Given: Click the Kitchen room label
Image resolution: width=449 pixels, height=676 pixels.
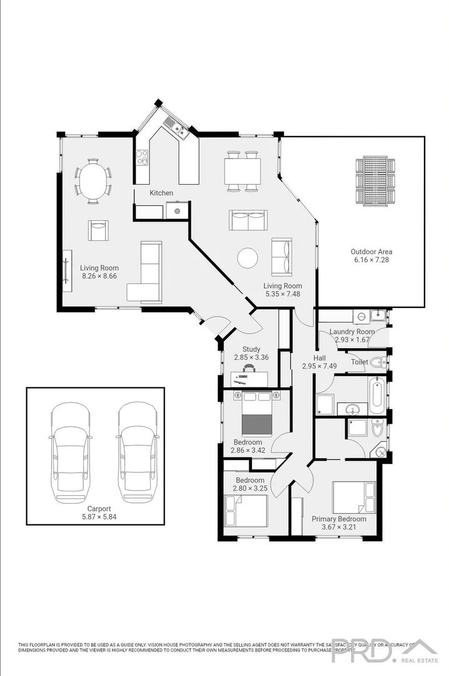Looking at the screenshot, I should (161, 193).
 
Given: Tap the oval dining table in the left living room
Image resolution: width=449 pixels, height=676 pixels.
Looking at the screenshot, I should (93, 181).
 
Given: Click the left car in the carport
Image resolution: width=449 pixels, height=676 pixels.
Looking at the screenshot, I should (70, 452).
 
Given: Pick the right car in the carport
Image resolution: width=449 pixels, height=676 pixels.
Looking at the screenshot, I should (137, 452).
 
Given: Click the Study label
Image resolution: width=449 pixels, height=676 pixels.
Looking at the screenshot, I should (247, 349).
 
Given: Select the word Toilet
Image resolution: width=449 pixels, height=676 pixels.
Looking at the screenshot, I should (359, 362).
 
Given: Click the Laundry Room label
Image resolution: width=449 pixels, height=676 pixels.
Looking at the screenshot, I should (352, 332).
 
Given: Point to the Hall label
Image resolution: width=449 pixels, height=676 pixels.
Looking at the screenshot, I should (311, 358).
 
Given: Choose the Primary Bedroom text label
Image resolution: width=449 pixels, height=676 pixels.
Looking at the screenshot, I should (339, 519).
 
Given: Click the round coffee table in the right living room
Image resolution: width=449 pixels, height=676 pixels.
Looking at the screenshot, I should (248, 258).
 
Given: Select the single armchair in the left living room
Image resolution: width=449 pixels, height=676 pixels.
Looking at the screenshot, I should (98, 230).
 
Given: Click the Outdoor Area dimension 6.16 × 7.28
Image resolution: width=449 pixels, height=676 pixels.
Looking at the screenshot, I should (371, 259).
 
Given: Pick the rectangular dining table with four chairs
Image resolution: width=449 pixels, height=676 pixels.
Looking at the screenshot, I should (242, 170).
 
